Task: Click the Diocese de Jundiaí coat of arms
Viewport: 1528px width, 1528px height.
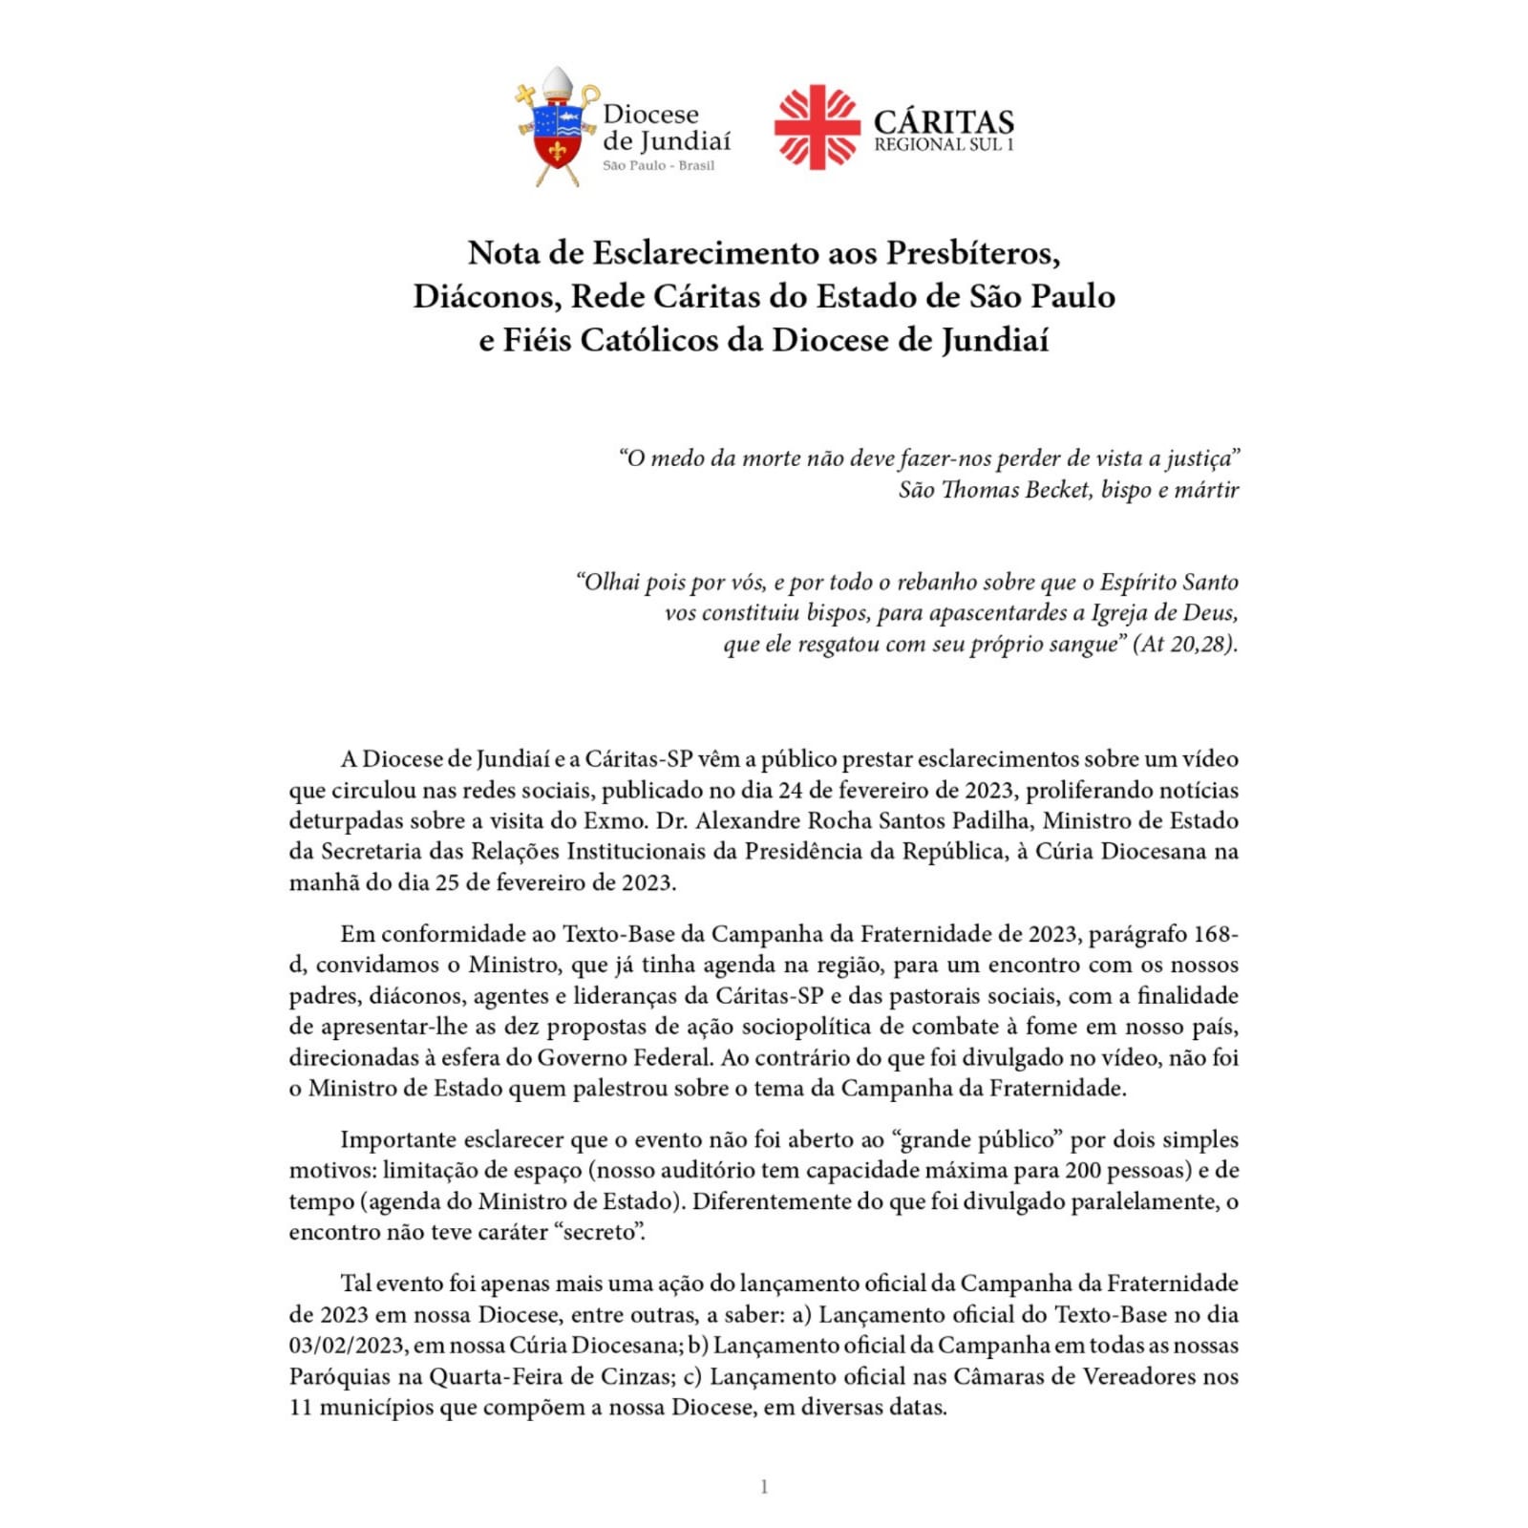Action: [x=558, y=129]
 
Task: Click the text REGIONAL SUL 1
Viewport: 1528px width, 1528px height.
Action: [x=944, y=145]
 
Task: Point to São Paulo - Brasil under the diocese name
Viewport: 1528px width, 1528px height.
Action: [x=658, y=165]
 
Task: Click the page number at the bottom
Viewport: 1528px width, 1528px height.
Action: [x=763, y=1486]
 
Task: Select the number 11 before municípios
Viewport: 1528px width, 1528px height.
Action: [x=301, y=1407]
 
